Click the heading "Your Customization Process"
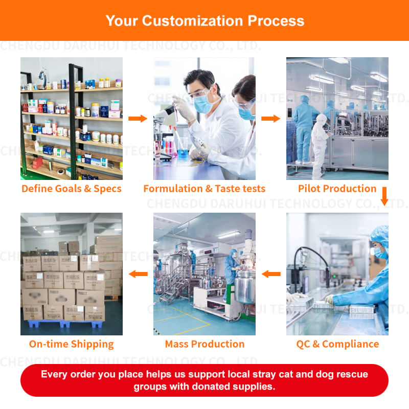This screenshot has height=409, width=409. (204, 21)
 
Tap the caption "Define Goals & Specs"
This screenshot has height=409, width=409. (72, 189)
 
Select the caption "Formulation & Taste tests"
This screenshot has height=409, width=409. (204, 189)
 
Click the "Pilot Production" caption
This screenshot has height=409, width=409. (337, 189)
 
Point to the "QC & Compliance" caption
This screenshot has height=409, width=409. (337, 344)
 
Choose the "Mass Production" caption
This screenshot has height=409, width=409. (204, 344)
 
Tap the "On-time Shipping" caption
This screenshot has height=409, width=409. (72, 344)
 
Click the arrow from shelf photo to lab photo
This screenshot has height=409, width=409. (138, 119)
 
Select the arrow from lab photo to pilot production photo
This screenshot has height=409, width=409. (271, 119)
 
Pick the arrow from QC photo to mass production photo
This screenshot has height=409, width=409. (271, 274)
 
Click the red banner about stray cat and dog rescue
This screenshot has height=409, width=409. (204, 380)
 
